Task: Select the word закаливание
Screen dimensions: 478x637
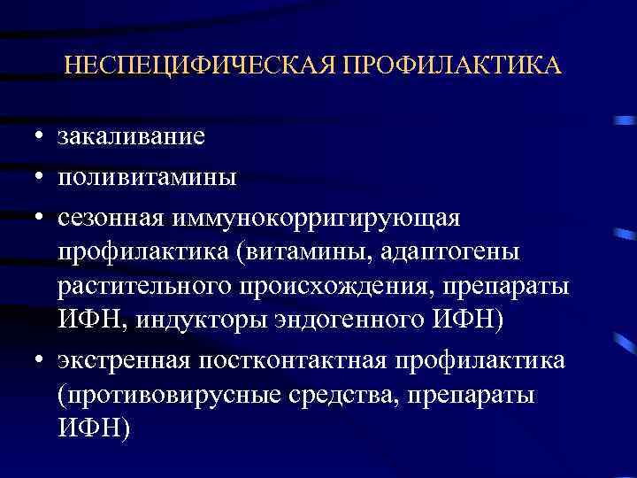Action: [x=131, y=137]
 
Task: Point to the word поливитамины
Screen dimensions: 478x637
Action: [x=147, y=176]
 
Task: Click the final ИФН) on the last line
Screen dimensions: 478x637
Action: [x=93, y=429]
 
